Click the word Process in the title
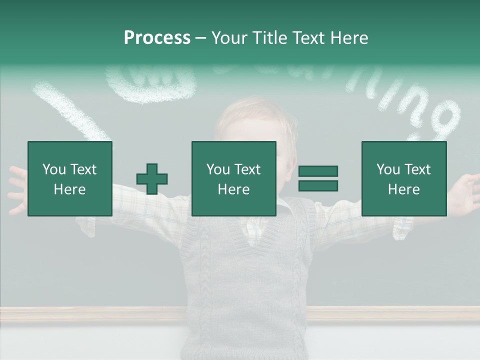point(157,38)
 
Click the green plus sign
point(152,178)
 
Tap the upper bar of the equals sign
point(318,171)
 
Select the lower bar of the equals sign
point(318,185)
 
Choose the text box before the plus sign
point(70,178)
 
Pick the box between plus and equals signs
point(234,178)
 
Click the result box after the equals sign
point(404,178)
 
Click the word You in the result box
point(387,169)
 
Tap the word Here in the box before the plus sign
point(70,189)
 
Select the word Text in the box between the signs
point(247,169)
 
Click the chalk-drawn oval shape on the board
point(150,82)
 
